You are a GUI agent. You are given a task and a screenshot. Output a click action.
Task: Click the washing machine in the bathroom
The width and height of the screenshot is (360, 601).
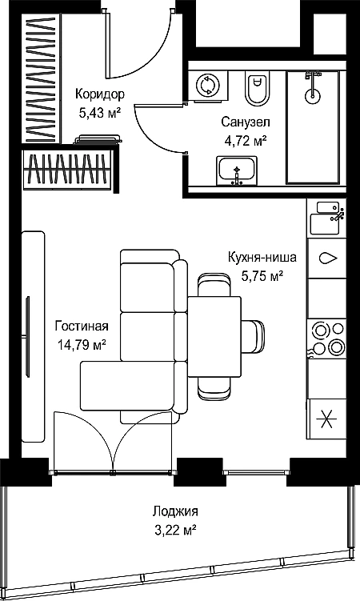(208, 86)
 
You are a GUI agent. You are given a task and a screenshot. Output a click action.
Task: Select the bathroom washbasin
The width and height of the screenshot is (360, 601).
(237, 170)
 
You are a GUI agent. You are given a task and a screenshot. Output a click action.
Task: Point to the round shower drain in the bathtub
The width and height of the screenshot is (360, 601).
(312, 94)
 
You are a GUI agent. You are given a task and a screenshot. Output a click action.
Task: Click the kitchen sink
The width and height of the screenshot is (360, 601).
(326, 217)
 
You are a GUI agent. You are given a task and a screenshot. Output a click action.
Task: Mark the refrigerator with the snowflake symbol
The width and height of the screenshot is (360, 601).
(326, 419)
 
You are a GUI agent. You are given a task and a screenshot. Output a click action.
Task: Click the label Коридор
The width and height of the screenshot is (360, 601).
(99, 94)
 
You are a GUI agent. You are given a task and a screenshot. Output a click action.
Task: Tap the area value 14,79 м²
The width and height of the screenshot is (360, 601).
(82, 345)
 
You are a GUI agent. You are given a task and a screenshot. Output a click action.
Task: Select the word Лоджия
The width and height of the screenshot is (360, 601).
(175, 511)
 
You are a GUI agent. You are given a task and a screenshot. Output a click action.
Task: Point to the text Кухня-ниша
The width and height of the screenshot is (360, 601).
(262, 257)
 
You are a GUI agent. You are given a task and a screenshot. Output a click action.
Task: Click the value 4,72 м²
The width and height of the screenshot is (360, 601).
(245, 141)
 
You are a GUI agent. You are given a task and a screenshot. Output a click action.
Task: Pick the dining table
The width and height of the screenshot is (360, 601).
(214, 336)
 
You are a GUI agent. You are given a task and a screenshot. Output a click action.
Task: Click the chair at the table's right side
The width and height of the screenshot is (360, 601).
(253, 336)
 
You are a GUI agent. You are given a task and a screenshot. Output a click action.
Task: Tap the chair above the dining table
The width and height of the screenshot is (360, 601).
(215, 284)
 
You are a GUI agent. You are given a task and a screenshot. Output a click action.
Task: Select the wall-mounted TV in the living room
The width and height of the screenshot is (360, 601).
(27, 337)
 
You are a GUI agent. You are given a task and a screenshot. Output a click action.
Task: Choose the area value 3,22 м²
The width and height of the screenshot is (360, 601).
(175, 531)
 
